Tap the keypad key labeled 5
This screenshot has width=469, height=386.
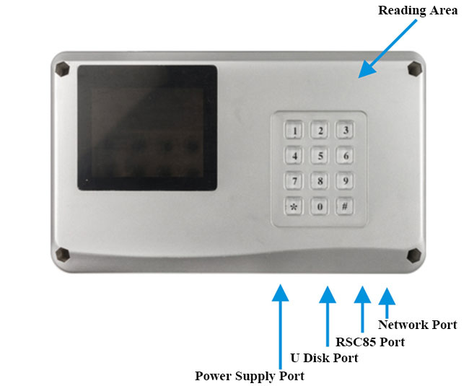click(x=320, y=156)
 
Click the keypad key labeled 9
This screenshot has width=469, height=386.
click(x=346, y=180)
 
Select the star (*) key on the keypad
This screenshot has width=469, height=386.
click(x=294, y=206)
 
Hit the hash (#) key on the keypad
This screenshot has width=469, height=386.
click(x=346, y=206)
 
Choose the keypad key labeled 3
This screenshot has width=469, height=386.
click(x=346, y=131)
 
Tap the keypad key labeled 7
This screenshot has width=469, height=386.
click(x=294, y=180)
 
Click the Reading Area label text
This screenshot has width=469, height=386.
click(x=417, y=11)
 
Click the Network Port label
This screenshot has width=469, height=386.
click(x=417, y=325)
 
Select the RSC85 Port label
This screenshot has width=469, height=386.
click(x=370, y=342)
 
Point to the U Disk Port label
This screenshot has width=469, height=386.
click(x=323, y=359)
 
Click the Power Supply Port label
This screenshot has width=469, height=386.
click(x=250, y=376)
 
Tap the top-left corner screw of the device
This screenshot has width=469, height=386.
click(x=63, y=69)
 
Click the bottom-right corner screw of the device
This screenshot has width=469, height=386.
click(x=414, y=255)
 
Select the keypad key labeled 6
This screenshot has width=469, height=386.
click(x=346, y=156)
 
